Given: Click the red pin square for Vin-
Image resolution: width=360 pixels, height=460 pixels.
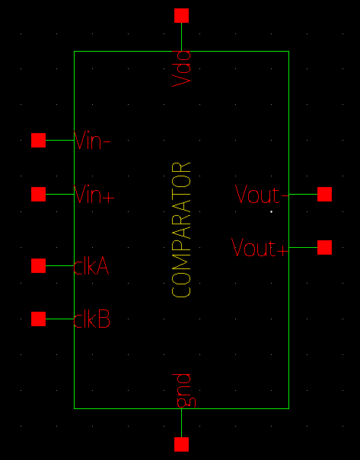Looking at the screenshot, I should tap(38, 140).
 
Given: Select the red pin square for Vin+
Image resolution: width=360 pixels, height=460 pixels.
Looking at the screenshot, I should tap(38, 194).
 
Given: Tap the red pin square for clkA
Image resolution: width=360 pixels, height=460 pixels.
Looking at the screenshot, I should tap(38, 265).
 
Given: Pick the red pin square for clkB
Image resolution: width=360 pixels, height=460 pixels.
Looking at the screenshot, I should tap(38, 319).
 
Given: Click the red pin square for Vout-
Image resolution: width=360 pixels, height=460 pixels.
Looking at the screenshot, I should tap(324, 194).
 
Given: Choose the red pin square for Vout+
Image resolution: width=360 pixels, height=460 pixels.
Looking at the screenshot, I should tap(324, 247).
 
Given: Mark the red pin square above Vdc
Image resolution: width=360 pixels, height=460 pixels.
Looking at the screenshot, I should tap(181, 15).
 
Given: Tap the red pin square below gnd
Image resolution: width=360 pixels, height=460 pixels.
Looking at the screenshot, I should tap(181, 444).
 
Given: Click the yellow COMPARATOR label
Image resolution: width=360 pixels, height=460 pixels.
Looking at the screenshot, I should tap(181, 229).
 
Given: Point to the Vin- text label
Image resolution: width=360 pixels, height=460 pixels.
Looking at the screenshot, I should tap(93, 141).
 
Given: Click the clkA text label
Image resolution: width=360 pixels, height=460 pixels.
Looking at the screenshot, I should tap(92, 266).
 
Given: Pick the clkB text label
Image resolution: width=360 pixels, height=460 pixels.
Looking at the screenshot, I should tap(92, 319).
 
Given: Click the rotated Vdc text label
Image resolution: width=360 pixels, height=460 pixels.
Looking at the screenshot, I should tap(181, 68).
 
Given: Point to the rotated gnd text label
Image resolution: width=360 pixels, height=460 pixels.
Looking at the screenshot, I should tap(181, 389).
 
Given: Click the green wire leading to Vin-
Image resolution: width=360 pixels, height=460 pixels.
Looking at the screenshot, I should tap(59, 140).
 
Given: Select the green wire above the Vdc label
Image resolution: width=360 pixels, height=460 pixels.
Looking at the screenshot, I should tap(181, 36).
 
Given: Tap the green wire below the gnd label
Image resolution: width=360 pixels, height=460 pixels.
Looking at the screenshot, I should tap(181, 423).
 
